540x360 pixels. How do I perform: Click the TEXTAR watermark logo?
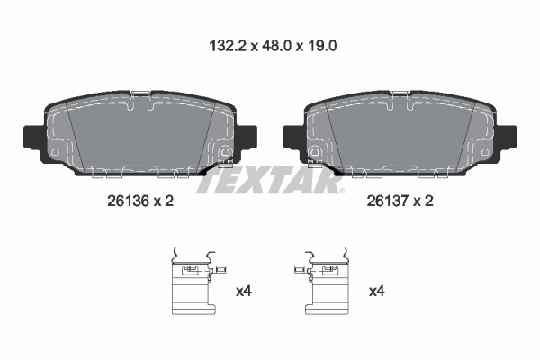pos(270,180)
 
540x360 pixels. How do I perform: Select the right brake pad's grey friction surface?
pos(396,135)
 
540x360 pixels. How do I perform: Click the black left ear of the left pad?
pos(30,138)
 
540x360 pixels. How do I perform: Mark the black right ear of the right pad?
pos(508,138)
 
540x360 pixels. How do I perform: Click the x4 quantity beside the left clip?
pos(243,292)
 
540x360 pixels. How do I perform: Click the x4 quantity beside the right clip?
pos(377,292)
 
